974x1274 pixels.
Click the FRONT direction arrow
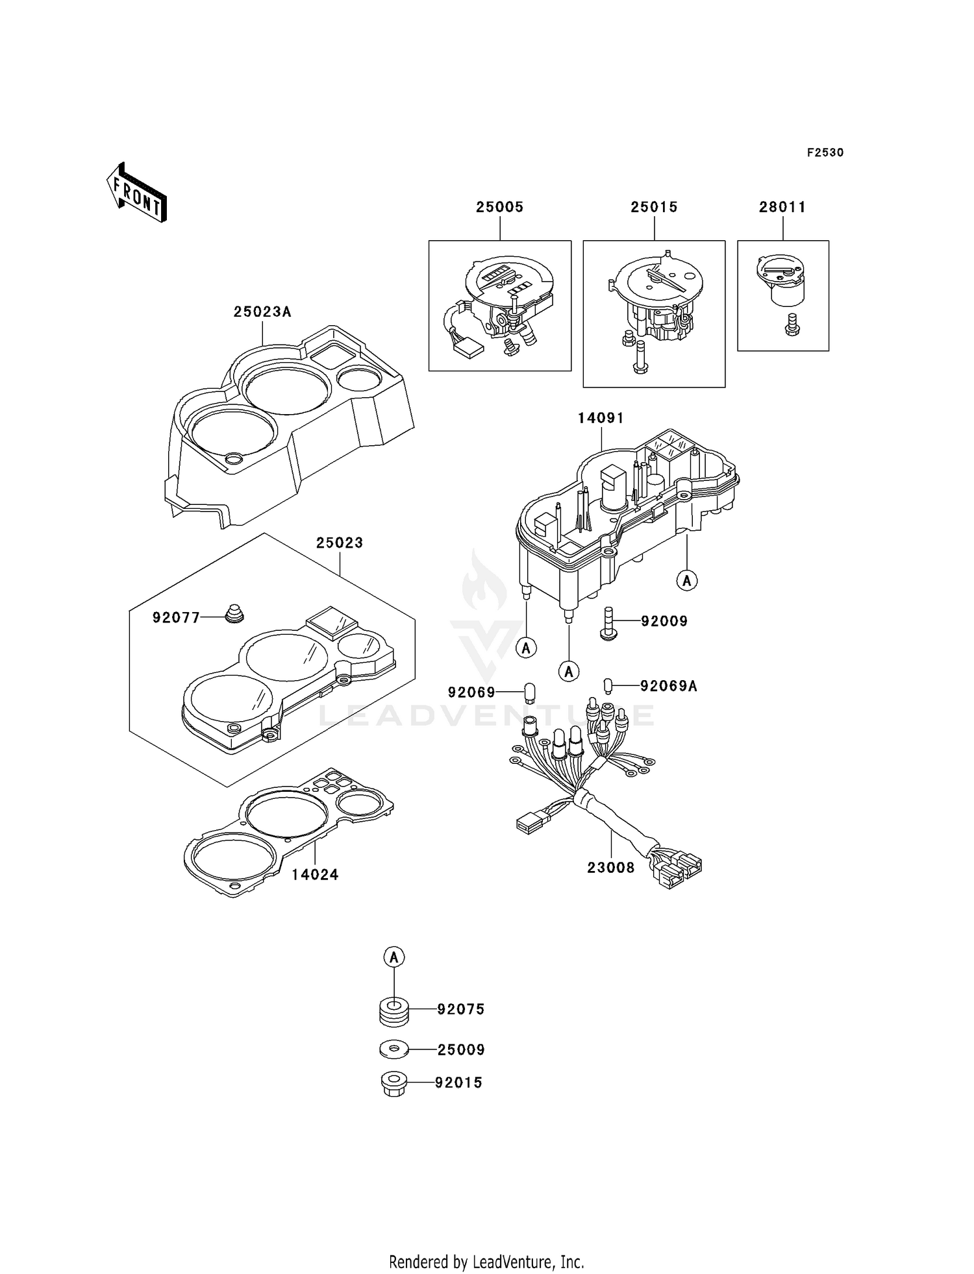point(137,193)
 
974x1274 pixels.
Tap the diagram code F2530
point(825,153)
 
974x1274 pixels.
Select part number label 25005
point(499,207)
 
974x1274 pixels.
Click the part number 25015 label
point(654,207)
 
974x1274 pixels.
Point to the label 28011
point(782,207)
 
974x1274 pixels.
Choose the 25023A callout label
point(262,312)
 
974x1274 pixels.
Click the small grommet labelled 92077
point(234,613)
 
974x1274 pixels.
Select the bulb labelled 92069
point(529,692)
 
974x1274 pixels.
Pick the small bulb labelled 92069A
point(608,685)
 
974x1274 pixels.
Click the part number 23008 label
point(610,867)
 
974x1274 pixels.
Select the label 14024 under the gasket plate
point(315,875)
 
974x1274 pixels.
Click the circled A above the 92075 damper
point(394,957)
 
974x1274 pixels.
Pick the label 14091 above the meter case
point(601,418)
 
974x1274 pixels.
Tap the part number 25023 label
point(340,543)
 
